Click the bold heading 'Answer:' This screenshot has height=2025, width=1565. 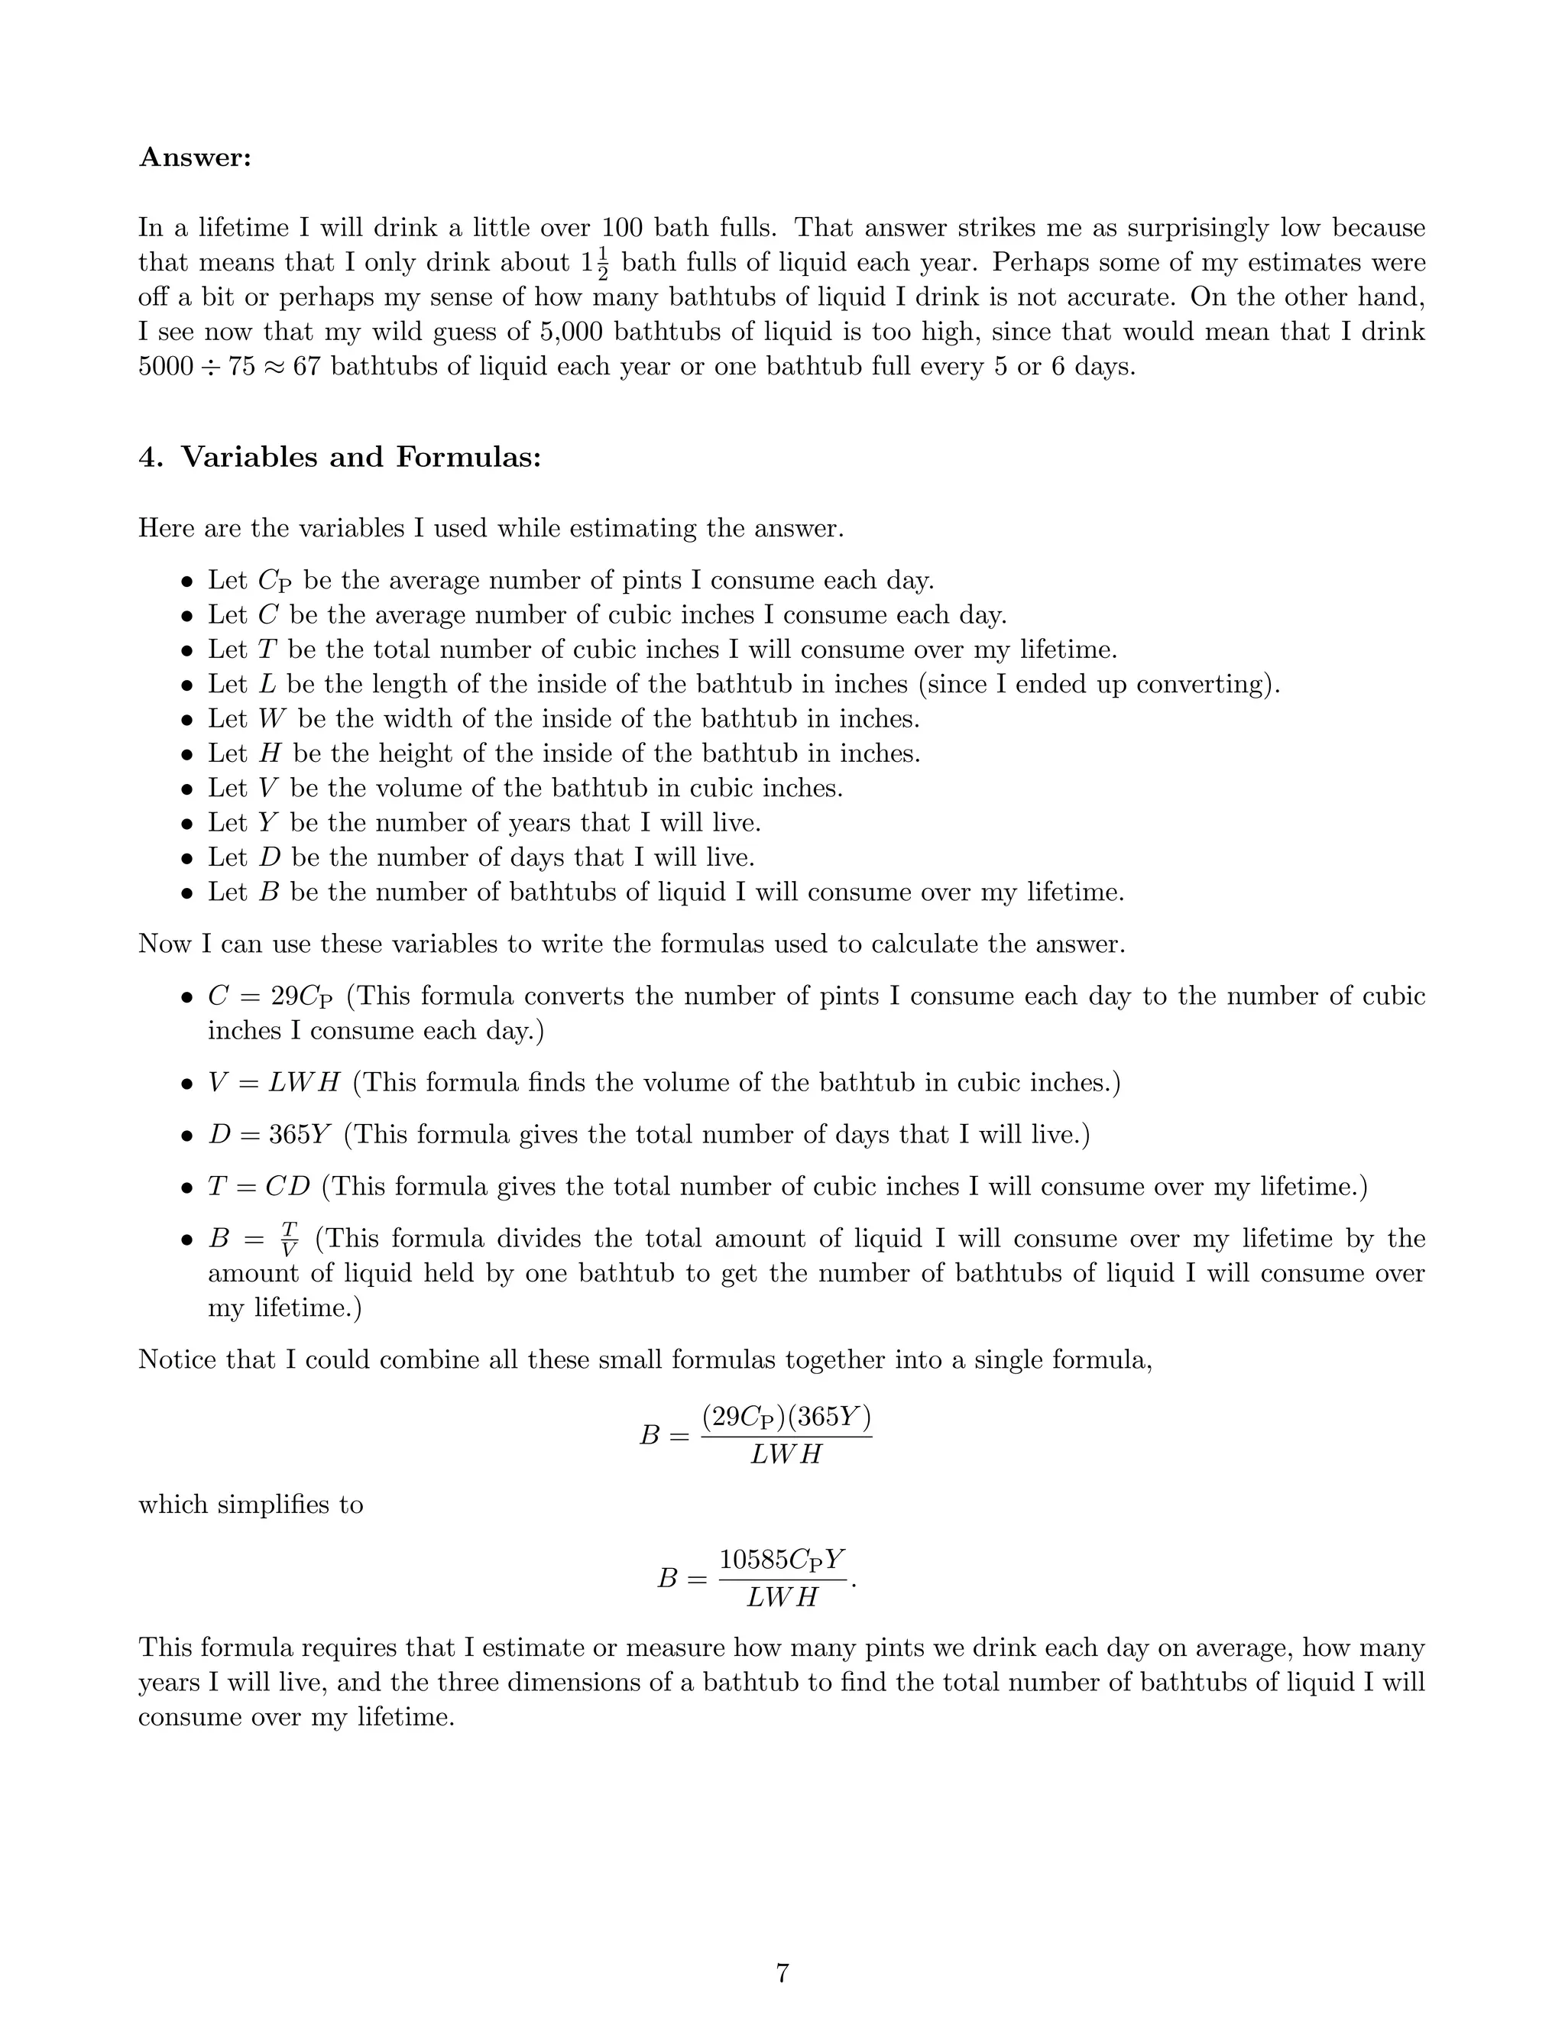click(x=195, y=157)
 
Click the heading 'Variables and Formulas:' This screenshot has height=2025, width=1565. click(x=360, y=457)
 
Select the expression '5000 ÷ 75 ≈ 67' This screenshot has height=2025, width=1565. click(x=231, y=367)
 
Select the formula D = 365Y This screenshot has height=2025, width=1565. click(x=269, y=1135)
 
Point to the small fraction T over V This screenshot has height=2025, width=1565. click(x=290, y=1239)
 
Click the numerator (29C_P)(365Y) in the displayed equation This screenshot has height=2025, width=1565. click(x=786, y=1417)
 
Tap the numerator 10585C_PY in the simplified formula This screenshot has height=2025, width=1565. click(x=782, y=1560)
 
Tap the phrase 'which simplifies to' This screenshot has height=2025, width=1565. click(x=251, y=1505)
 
